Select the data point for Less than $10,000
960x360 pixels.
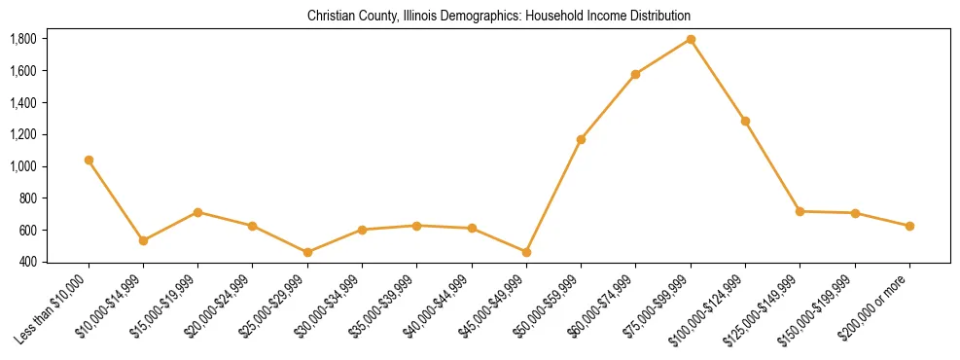click(89, 160)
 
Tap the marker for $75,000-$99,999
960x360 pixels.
click(691, 39)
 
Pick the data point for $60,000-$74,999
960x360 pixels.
click(636, 74)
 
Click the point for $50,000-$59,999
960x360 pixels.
click(581, 139)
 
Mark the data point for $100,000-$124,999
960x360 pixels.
click(745, 121)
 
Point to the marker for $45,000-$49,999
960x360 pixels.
click(526, 252)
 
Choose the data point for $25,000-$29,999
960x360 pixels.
click(307, 252)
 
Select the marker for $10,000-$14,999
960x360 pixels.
click(143, 240)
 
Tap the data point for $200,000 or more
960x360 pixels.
click(909, 226)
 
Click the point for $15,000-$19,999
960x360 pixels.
click(197, 212)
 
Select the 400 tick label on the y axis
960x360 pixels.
click(27, 262)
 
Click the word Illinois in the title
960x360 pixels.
click(418, 17)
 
